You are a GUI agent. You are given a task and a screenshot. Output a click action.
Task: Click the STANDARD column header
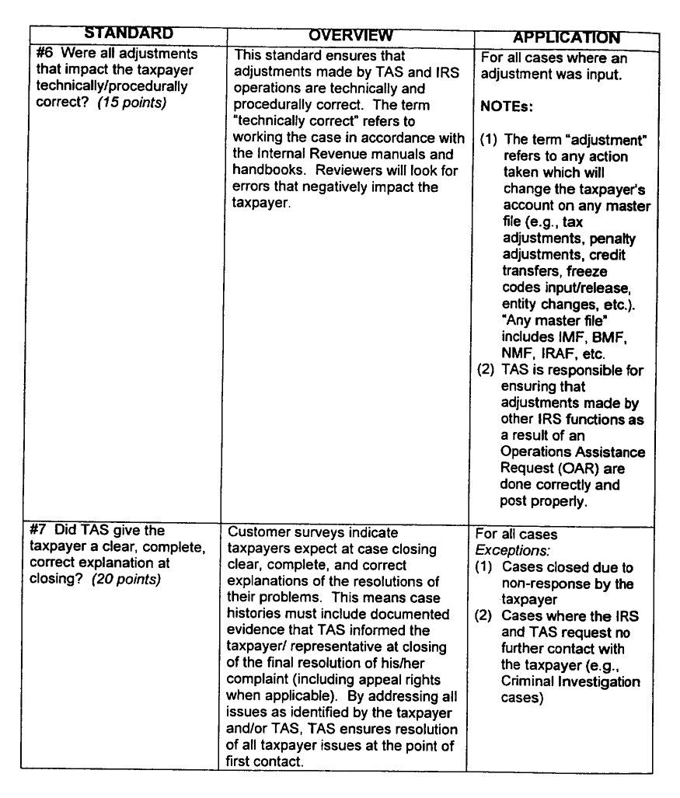pyautogui.click(x=128, y=33)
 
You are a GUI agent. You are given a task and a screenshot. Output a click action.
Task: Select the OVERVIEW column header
pyautogui.click(x=350, y=36)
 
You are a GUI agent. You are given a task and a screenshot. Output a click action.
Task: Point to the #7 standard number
pyautogui.click(x=47, y=531)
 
